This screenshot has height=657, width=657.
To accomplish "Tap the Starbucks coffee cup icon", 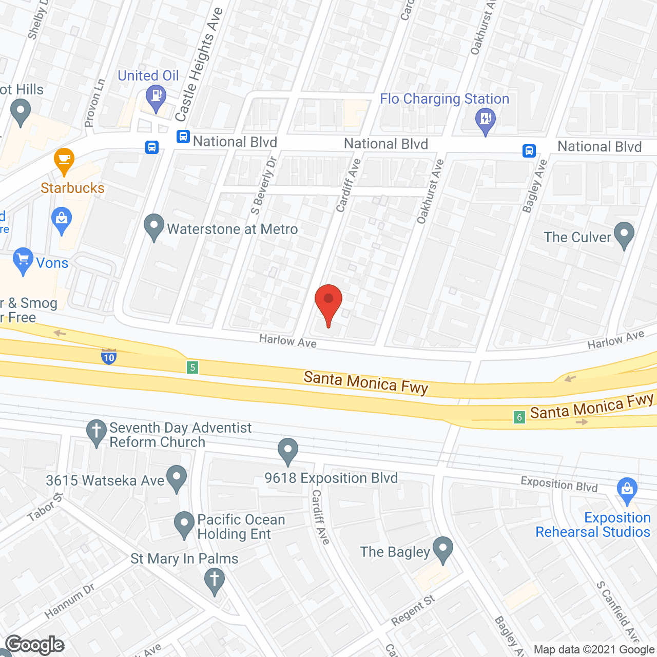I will point(64,161).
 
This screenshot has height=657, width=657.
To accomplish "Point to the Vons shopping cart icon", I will point(23,260).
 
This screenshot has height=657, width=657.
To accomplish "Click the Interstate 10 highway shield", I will point(109,356).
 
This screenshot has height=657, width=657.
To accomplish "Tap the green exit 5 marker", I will point(192,367).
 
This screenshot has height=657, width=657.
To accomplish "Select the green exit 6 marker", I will point(519,417).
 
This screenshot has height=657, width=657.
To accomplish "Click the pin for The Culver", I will point(624,235).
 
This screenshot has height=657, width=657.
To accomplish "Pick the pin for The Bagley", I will point(442,549).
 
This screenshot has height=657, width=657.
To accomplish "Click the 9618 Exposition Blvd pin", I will point(288,450).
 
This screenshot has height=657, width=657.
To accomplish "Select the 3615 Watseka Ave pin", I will point(177,477).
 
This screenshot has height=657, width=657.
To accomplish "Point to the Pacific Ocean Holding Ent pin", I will point(184,525).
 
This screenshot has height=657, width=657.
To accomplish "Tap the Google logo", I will point(35,645).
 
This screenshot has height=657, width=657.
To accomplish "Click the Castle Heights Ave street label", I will point(198,64).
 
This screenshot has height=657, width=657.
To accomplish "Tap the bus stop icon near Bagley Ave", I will point(529,151).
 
